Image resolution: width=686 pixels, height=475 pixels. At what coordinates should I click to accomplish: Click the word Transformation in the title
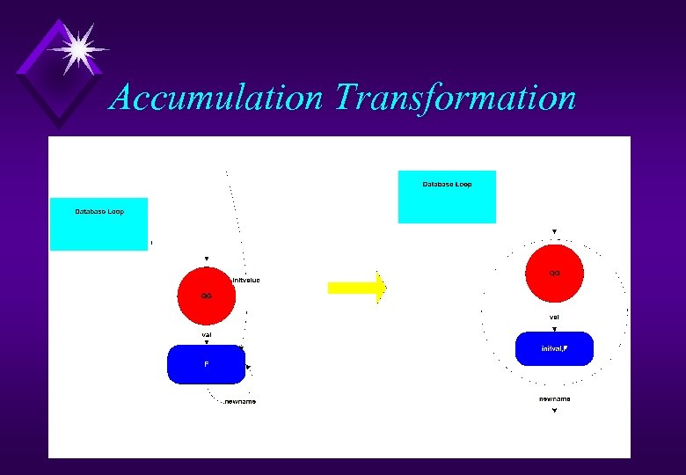click(455, 98)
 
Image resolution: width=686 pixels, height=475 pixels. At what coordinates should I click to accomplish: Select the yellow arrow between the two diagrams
click(356, 287)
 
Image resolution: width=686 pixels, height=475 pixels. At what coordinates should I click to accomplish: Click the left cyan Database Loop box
click(99, 224)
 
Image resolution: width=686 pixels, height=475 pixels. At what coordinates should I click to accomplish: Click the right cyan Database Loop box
click(447, 197)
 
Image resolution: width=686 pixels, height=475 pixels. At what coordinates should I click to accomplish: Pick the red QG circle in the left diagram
click(206, 295)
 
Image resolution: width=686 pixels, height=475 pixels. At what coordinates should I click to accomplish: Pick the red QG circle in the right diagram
click(554, 273)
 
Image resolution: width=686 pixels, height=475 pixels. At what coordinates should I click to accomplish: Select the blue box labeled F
click(206, 364)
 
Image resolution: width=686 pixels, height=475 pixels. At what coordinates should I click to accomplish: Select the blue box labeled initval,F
click(554, 349)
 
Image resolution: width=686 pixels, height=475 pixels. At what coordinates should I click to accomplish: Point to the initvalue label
click(246, 280)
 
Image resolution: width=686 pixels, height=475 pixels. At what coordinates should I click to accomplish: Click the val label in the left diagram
click(207, 334)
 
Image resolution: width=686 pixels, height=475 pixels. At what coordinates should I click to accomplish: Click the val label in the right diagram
click(554, 317)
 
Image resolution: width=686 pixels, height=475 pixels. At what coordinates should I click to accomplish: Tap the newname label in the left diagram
click(240, 401)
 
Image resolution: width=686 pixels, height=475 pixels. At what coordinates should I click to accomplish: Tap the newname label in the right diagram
click(554, 398)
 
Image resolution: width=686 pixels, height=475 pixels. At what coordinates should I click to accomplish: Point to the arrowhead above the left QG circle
click(207, 259)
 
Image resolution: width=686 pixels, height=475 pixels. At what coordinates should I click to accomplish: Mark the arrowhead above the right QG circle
click(554, 231)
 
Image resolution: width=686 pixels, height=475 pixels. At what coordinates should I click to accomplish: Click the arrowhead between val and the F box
click(207, 342)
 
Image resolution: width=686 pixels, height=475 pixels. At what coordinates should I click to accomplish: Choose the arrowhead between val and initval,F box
click(554, 328)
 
